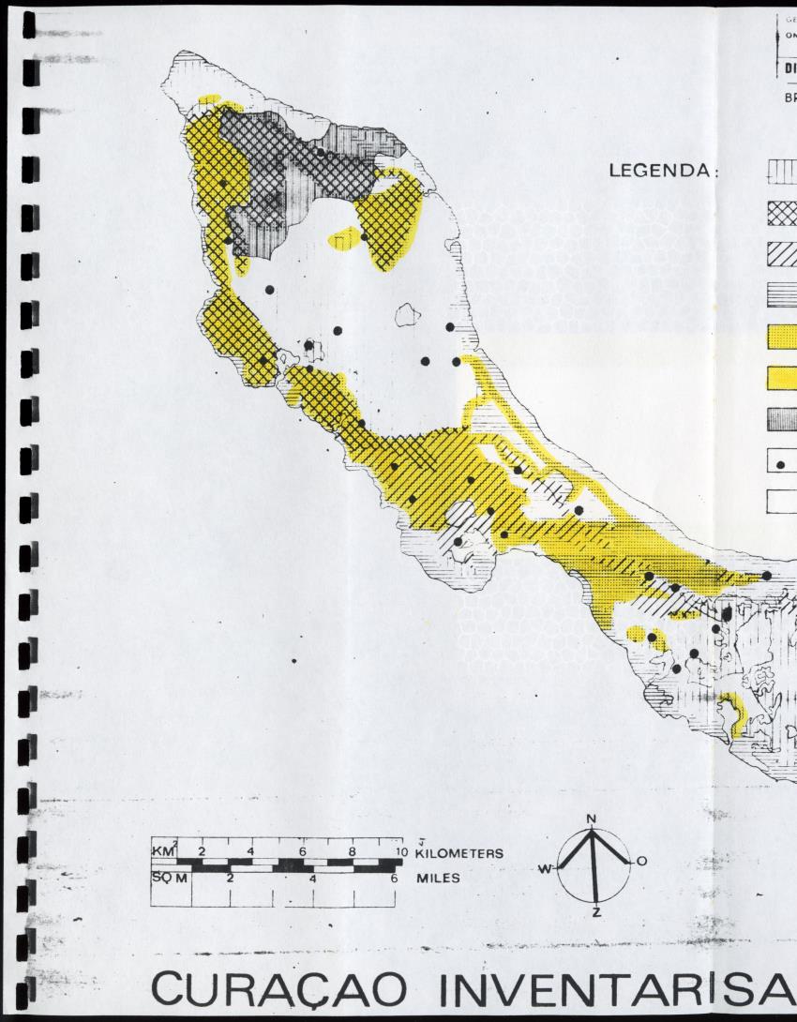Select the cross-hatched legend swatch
click(x=782, y=215)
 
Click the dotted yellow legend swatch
click(x=782, y=337)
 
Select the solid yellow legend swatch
click(x=782, y=378)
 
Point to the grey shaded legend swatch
click(x=782, y=419)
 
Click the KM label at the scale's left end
click(x=163, y=851)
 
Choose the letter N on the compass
click(x=591, y=819)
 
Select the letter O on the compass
click(x=641, y=861)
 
